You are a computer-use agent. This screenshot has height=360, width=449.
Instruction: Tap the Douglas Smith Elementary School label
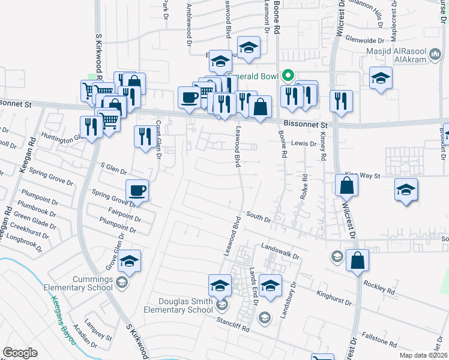click(178, 305)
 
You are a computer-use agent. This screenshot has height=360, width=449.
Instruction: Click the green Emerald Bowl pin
click(288, 76)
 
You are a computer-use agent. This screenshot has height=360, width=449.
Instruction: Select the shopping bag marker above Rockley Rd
click(357, 261)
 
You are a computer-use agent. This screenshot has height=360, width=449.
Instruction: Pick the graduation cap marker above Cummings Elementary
click(129, 261)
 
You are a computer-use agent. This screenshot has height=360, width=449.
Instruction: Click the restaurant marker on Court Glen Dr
click(145, 137)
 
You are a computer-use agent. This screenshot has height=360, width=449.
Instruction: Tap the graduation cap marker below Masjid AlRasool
click(381, 79)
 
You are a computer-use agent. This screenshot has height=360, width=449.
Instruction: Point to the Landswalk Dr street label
click(276, 251)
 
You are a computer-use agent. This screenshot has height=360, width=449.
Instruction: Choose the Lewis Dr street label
click(304, 143)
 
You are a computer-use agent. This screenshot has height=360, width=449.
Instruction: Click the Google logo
click(20, 353)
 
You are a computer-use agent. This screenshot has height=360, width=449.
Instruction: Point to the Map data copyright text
click(423, 355)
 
